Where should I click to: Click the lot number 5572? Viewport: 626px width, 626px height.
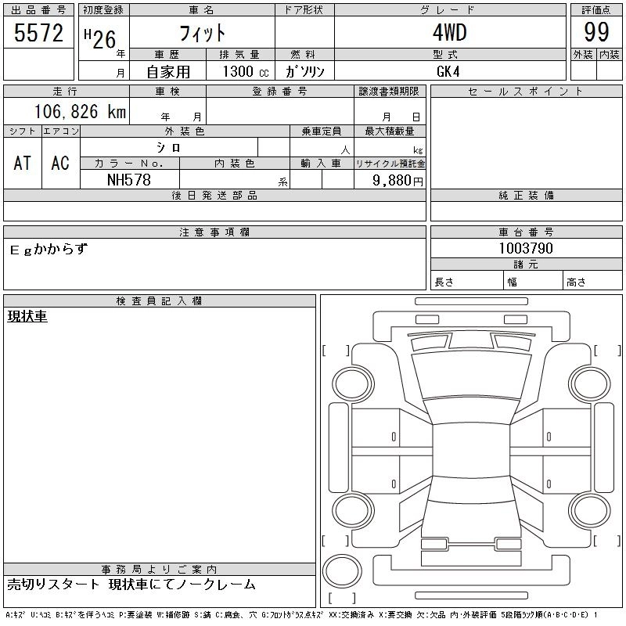[38, 33]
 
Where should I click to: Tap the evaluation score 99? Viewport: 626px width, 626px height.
[596, 32]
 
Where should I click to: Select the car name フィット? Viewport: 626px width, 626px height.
[203, 33]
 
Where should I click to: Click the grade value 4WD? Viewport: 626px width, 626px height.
[449, 32]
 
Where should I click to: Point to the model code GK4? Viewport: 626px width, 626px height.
[448, 71]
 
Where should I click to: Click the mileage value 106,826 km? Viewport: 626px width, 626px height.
[81, 111]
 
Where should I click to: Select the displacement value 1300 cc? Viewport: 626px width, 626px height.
[246, 71]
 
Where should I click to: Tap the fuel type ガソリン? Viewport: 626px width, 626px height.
[304, 71]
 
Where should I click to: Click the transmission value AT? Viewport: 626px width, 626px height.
[23, 163]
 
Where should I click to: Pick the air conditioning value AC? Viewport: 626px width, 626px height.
[60, 163]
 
